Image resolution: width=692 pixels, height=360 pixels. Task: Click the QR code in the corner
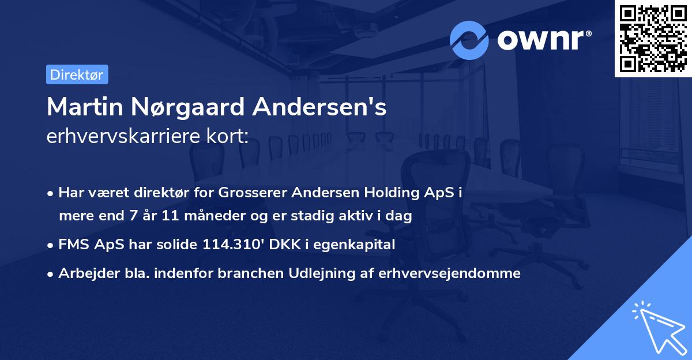point(653,38)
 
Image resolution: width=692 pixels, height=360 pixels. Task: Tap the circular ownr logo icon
point(469,40)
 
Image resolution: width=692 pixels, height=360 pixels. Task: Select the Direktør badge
point(77,74)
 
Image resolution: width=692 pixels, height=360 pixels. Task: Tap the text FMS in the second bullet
point(73,245)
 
